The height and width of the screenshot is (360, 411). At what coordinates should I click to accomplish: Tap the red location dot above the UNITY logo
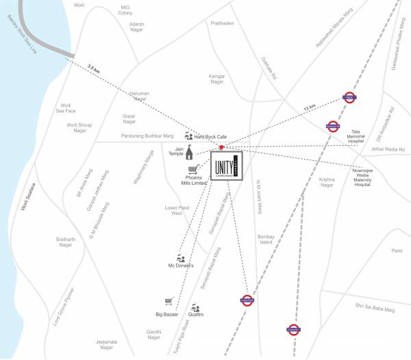click(x=221, y=148)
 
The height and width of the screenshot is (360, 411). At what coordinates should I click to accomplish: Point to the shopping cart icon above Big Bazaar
click(x=168, y=301)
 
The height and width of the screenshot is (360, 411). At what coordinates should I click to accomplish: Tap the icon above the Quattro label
click(x=197, y=306)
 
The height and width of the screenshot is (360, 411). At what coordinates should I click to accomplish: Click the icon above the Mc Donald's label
click(x=179, y=257)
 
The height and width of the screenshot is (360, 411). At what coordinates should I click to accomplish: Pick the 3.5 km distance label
click(x=93, y=67)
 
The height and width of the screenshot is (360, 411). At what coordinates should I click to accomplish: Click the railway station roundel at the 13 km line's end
click(x=350, y=97)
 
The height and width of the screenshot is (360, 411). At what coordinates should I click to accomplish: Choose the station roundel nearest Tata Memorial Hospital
click(x=332, y=125)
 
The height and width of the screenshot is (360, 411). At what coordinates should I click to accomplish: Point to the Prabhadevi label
click(x=222, y=23)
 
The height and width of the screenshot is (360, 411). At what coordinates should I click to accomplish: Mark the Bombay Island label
click(x=265, y=240)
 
